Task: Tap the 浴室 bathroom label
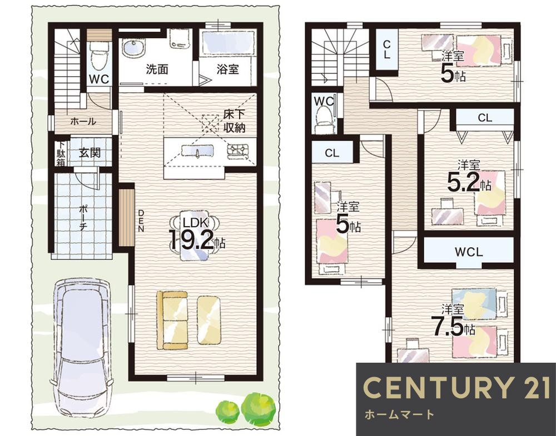click(227, 69)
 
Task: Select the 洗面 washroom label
click(157, 69)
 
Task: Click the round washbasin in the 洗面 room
click(133, 47)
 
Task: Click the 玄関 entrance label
click(90, 153)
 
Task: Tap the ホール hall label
click(83, 122)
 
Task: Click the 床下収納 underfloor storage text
click(235, 121)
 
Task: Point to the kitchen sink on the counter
click(197, 151)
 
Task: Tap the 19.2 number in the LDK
click(191, 240)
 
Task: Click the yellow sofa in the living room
click(172, 320)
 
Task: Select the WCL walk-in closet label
click(469, 252)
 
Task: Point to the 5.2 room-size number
click(463, 182)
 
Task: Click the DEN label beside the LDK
click(141, 220)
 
